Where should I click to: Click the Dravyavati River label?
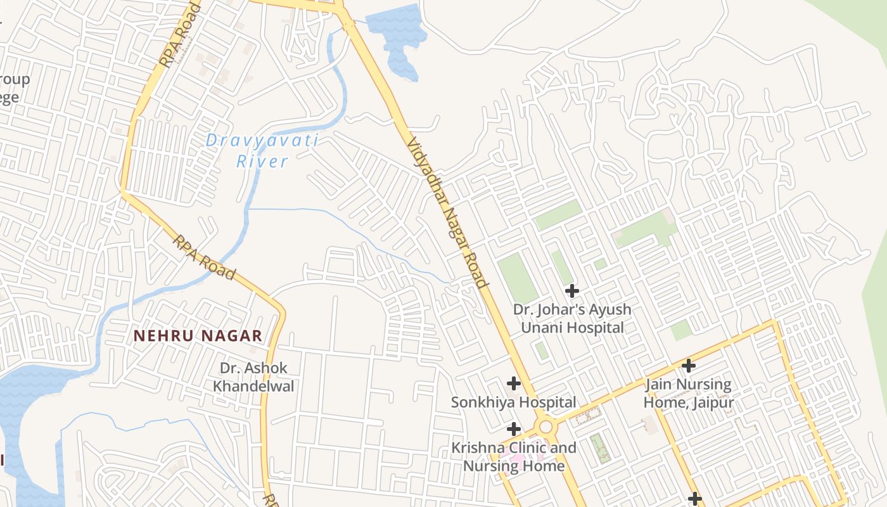262,151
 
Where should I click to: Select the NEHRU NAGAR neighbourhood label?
198,336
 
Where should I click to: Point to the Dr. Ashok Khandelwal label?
253,376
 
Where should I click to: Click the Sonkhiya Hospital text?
513,402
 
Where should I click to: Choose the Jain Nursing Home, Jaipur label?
688,393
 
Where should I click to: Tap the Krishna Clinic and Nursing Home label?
513,456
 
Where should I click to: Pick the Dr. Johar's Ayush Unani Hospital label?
572,318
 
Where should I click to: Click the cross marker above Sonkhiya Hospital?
513,383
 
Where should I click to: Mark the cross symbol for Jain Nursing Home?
688,366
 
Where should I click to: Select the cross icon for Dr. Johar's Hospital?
572,291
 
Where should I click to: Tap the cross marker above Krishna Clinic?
513,429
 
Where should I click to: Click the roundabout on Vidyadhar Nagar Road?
546,427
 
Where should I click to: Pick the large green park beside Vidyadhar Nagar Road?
517,278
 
